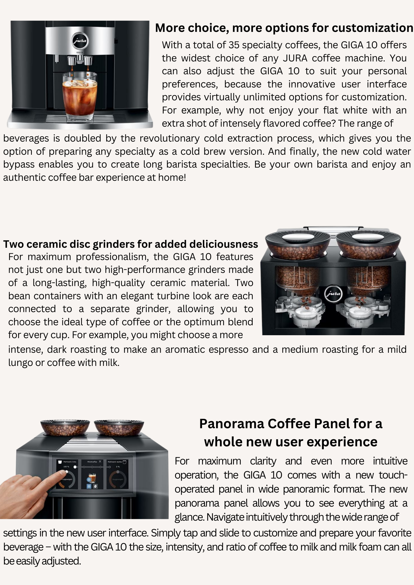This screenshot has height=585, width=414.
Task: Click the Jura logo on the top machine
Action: point(80,40)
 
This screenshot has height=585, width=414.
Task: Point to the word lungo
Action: point(20,363)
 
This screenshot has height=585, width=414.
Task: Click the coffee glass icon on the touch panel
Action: point(93,478)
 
